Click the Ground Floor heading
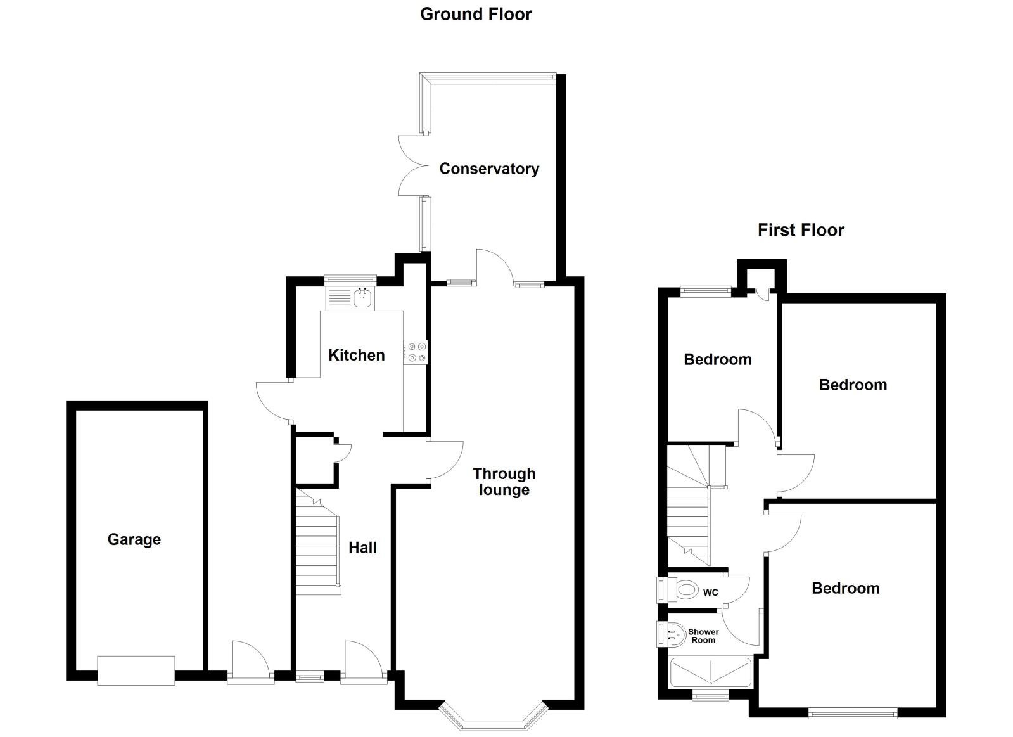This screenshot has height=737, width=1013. pyautogui.click(x=476, y=14)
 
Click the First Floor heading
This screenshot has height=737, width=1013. pyautogui.click(x=801, y=229)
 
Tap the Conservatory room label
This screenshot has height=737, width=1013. pyautogui.click(x=489, y=169)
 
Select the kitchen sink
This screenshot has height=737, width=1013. pyautogui.click(x=362, y=298)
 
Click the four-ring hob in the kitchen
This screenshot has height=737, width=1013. pyautogui.click(x=416, y=352)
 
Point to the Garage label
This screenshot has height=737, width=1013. pyautogui.click(x=134, y=539)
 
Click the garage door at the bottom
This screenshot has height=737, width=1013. pyautogui.click(x=136, y=670)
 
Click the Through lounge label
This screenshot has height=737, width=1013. pyautogui.click(x=504, y=482)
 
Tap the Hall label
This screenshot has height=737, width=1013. pyautogui.click(x=362, y=548)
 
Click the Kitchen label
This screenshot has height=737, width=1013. pyautogui.click(x=356, y=355)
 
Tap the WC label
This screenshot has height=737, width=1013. pyautogui.click(x=710, y=593)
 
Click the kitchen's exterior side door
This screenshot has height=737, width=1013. pyautogui.click(x=274, y=401)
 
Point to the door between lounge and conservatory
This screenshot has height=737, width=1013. pyautogui.click(x=495, y=266)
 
